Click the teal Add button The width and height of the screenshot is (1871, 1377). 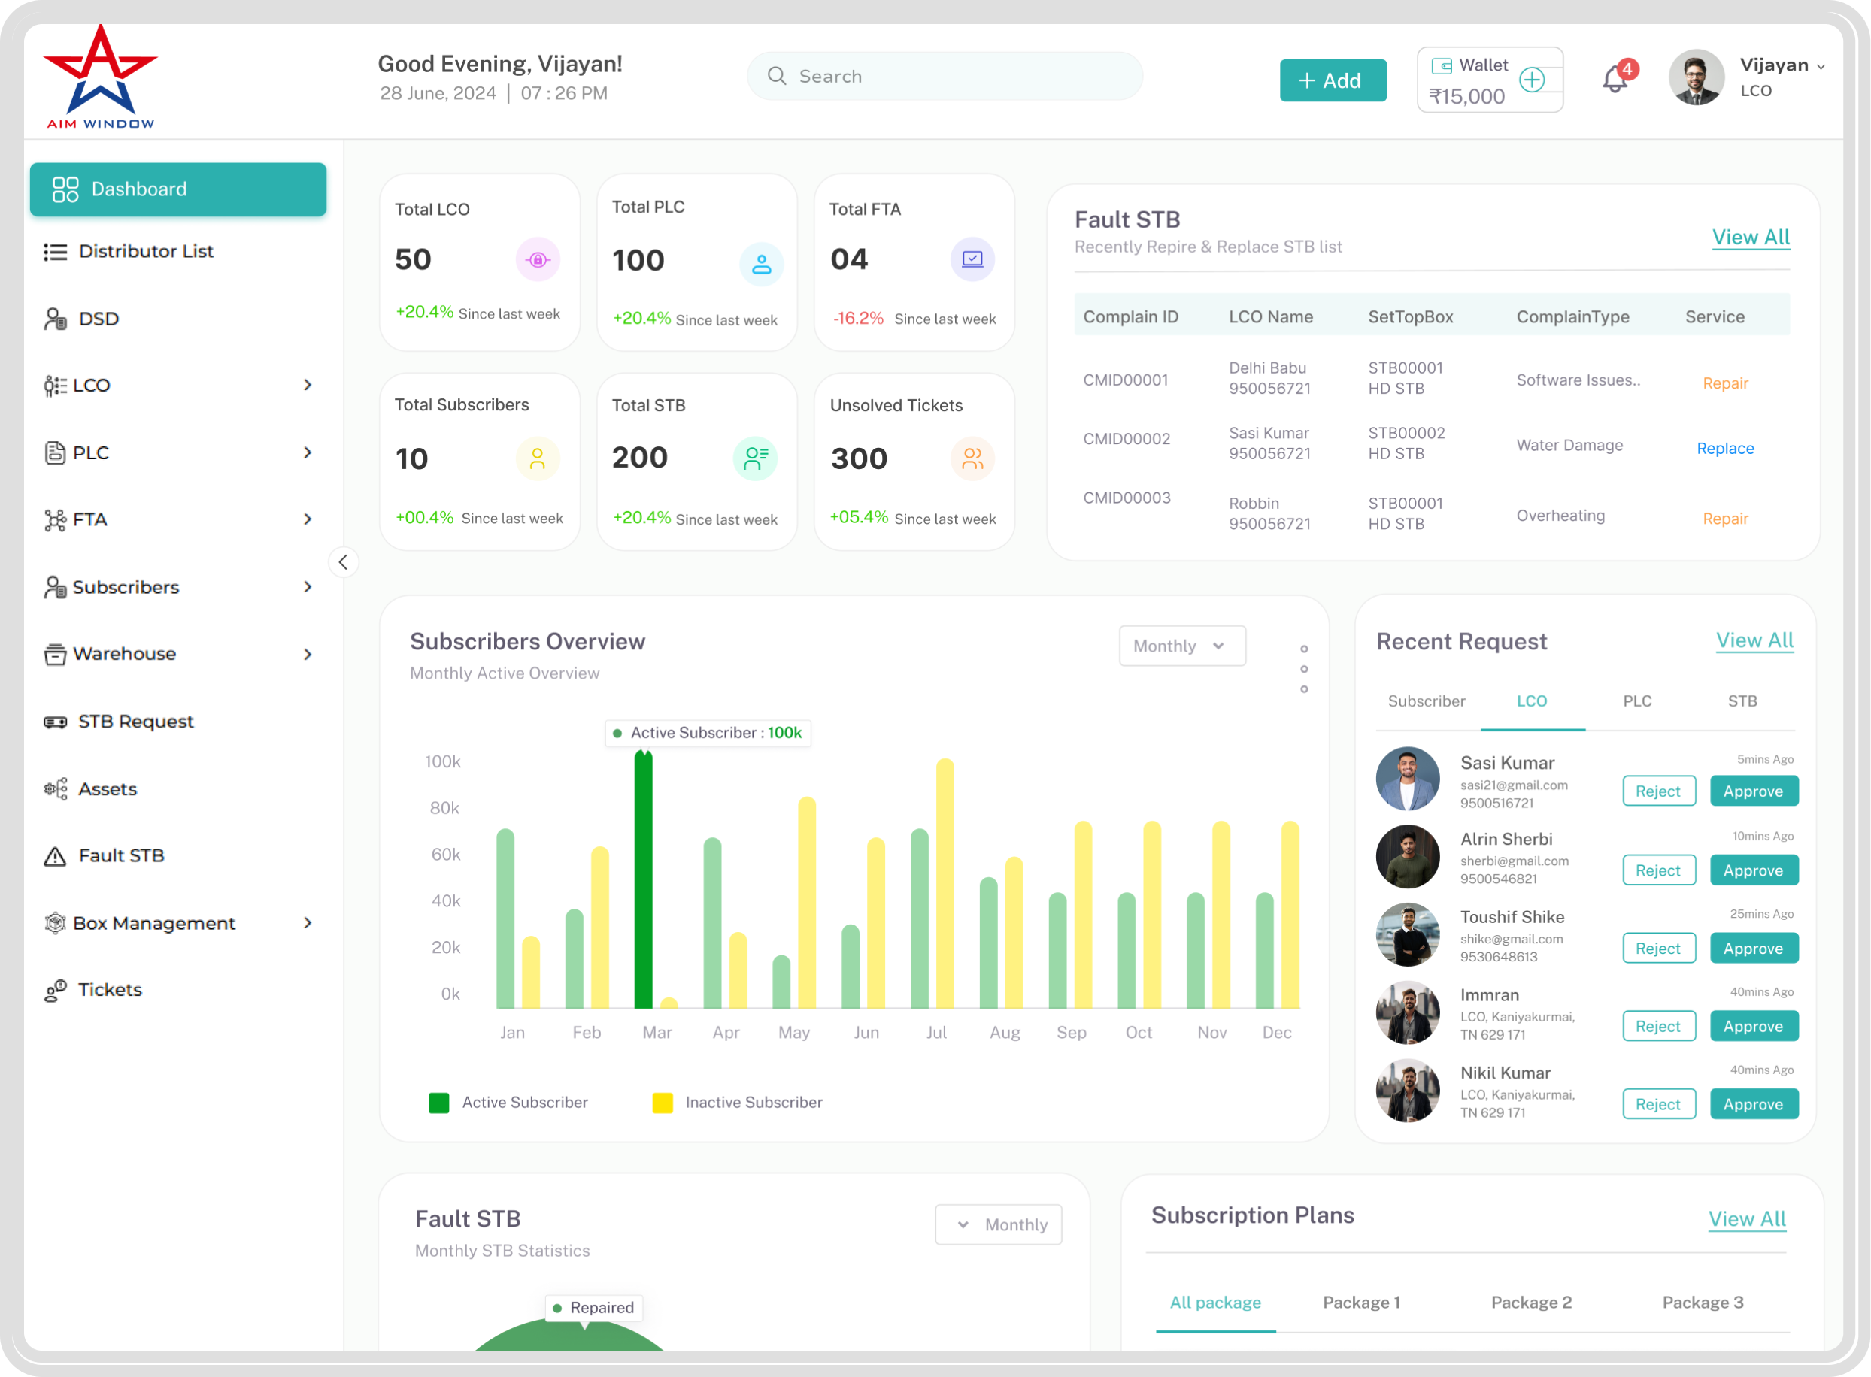click(x=1333, y=81)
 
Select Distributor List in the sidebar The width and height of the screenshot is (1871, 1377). click(x=145, y=251)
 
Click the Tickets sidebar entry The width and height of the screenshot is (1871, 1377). click(x=109, y=989)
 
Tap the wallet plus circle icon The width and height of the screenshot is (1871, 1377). click(x=1532, y=80)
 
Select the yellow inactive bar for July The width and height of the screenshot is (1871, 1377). click(x=945, y=883)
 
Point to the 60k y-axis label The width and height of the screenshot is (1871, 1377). click(x=445, y=855)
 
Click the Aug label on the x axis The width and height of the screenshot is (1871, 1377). click(x=1005, y=1033)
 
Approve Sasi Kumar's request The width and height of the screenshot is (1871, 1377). click(x=1754, y=791)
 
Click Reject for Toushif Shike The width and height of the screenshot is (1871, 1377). click(x=1658, y=949)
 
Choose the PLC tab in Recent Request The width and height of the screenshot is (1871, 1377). click(x=1636, y=701)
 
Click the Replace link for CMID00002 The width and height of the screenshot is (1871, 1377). click(x=1725, y=449)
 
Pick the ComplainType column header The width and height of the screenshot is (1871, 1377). click(x=1572, y=316)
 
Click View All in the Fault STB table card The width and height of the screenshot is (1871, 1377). click(x=1750, y=238)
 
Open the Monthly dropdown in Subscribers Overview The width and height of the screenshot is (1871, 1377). click(x=1181, y=646)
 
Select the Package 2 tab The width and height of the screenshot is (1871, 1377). click(x=1531, y=1303)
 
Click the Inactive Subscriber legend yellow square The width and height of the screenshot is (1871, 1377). click(x=663, y=1103)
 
